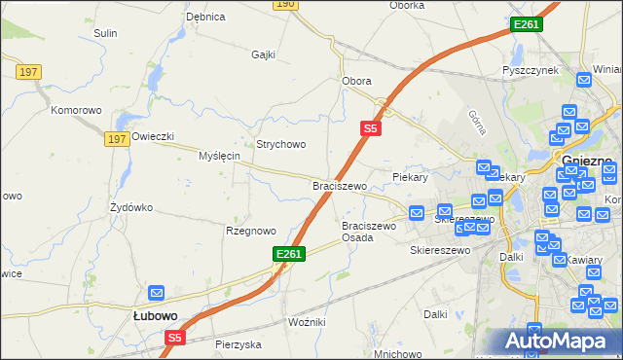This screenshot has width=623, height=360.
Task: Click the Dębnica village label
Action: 205,17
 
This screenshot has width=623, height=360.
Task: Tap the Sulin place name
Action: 105,33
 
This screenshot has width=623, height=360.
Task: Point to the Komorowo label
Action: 77,110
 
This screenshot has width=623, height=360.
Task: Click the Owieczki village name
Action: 153,136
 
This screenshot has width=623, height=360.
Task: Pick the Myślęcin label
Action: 219,156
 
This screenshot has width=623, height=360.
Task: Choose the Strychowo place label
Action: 280,144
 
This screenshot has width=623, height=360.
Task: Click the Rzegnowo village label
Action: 251,231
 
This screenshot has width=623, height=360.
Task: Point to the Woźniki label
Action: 307,321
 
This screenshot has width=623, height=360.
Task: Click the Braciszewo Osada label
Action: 369,232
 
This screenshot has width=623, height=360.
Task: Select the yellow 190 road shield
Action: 284,4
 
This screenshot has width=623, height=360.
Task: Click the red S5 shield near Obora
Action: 370,127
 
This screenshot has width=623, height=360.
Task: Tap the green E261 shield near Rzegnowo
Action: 289,254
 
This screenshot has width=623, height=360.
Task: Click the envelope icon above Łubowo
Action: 156,292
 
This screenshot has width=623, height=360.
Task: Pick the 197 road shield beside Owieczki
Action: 117,140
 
